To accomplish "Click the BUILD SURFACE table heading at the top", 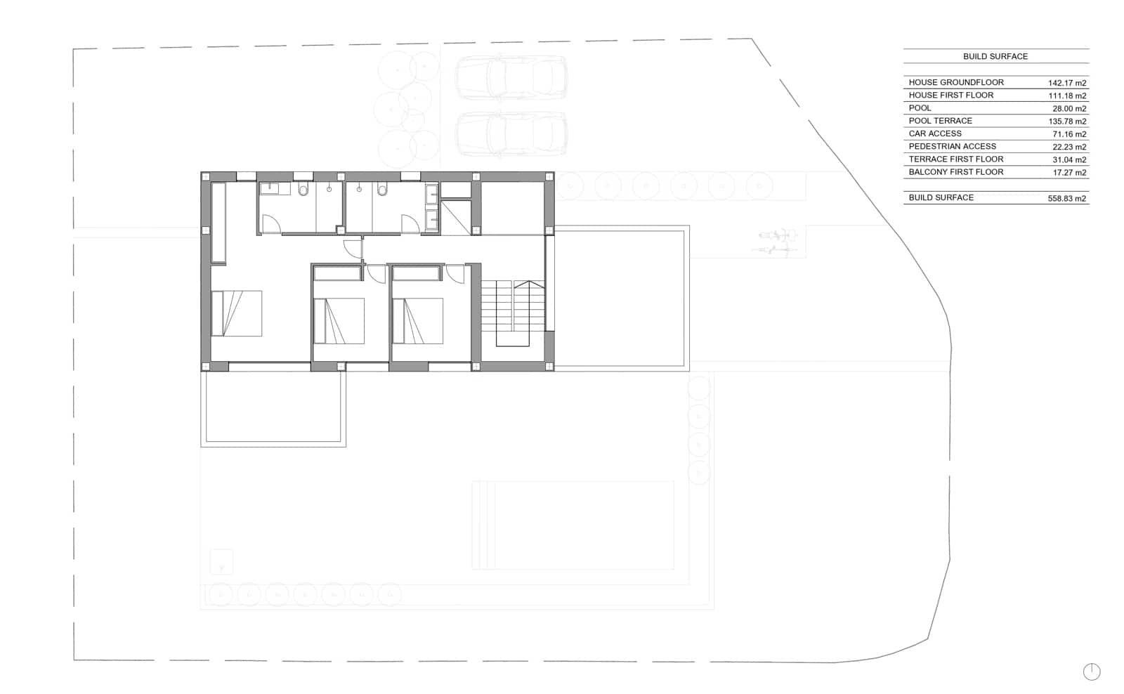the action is pos(995,57).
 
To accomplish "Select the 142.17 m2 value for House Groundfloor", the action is pos(1067,83).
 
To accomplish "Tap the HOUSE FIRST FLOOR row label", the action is pos(951,96).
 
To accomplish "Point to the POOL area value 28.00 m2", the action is pos(1069,108).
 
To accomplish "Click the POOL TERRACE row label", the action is pos(941,121).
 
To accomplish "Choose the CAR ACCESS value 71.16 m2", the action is pos(1069,134).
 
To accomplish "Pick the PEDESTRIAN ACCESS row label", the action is pos(953,147).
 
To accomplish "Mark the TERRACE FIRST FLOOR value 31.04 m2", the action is pos(1069,159).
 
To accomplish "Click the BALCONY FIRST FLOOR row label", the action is pos(956,172).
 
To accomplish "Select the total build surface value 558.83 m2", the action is pos(1067,198).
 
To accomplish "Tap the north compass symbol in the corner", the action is pos(1092,672).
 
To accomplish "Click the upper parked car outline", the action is pos(511,78).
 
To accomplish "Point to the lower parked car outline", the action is pos(511,134).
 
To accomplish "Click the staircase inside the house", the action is pos(513,313).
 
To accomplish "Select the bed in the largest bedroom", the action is pos(236,313).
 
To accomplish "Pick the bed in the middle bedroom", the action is pos(339,321).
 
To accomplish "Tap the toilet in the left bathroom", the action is pos(303,189).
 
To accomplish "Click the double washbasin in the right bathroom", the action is pos(431,208).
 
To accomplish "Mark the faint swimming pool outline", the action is pos(573,525).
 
